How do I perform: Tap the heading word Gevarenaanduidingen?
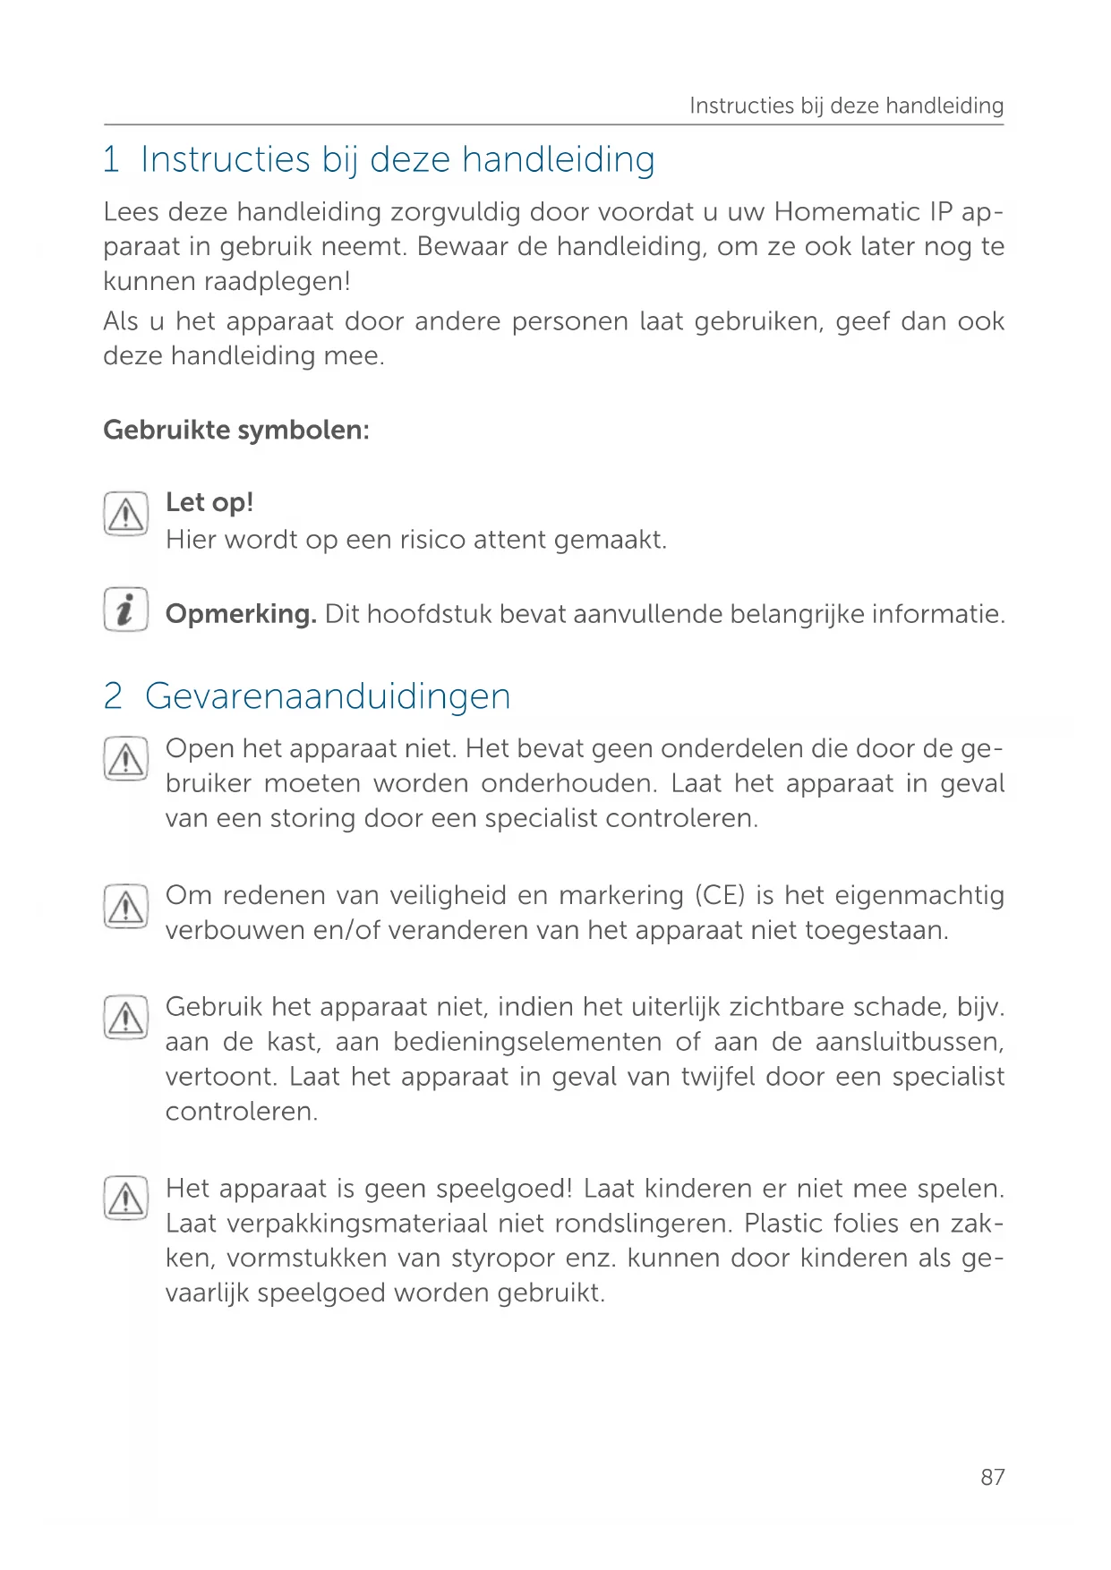tap(328, 696)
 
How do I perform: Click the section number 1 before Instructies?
tap(111, 160)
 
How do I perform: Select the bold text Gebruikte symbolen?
tap(236, 430)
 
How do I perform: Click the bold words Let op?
tap(209, 502)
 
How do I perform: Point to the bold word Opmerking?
tap(241, 614)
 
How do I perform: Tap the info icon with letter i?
tap(125, 610)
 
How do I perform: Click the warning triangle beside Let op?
tap(125, 515)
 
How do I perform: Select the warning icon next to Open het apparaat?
tap(125, 759)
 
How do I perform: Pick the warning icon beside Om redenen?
tap(125, 906)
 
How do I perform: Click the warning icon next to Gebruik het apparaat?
tap(125, 1018)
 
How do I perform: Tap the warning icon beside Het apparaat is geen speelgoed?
tap(125, 1199)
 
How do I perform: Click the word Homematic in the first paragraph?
tap(847, 212)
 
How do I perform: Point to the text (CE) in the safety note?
tap(720, 895)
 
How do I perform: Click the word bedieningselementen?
tap(527, 1042)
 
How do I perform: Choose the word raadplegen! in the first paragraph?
tap(277, 282)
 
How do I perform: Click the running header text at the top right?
tap(846, 106)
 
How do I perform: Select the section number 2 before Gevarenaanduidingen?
tap(113, 696)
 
